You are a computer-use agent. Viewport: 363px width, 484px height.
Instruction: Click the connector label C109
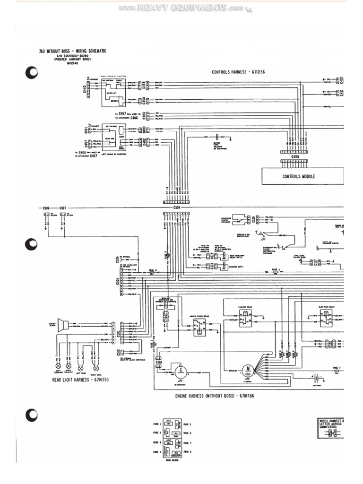pyautogui.click(x=177, y=207)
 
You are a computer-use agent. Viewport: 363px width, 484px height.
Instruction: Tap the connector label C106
pyautogui.click(x=46, y=207)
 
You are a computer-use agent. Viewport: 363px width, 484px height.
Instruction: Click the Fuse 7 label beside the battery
pyautogui.click(x=336, y=367)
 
